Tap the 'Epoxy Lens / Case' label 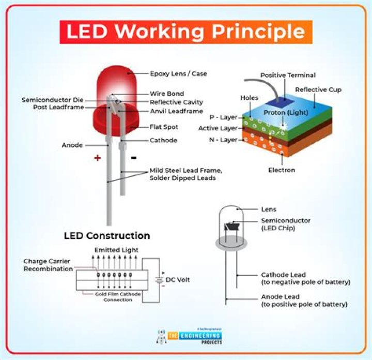click(178, 73)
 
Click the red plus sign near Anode click(97, 158)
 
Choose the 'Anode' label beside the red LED click(72, 145)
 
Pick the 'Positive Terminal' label click(288, 75)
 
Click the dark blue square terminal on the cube click(280, 103)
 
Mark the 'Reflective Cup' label click(318, 89)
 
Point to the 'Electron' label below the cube click(282, 170)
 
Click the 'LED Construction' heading click(107, 236)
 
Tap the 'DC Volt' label click(178, 280)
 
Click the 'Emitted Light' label click(116, 250)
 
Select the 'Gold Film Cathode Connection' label click(111, 296)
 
